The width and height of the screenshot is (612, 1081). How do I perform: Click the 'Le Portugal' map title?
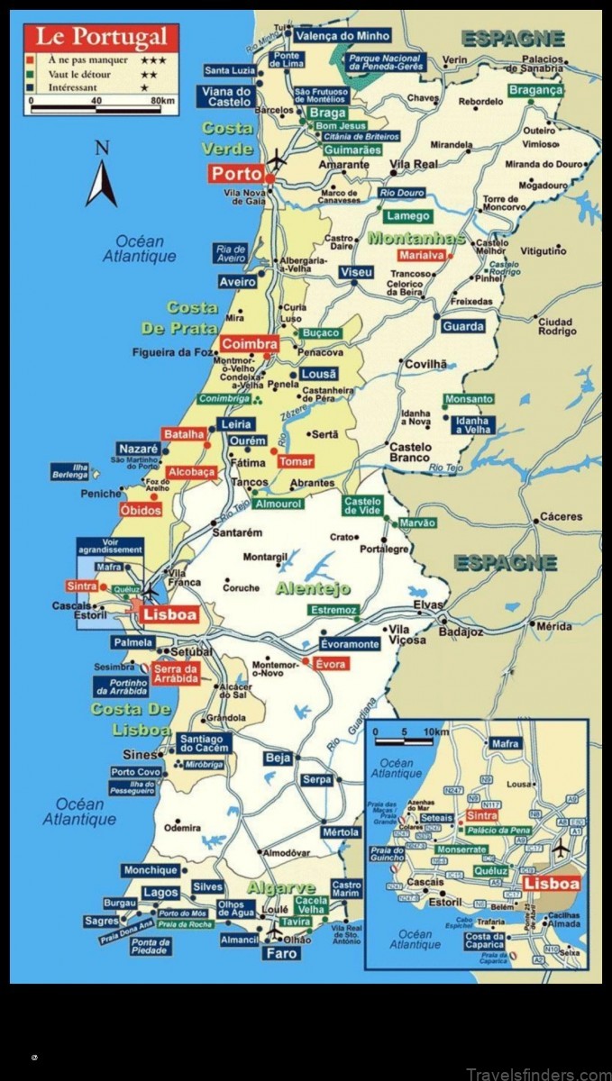100,38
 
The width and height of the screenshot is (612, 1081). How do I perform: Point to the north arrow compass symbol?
101,175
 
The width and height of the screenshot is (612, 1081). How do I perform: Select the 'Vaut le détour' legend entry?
76,75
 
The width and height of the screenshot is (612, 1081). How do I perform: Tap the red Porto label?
236,173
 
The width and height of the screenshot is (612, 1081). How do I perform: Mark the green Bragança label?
535,90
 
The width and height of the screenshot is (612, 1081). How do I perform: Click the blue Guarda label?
463,326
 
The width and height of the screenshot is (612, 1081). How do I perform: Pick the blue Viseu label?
356,272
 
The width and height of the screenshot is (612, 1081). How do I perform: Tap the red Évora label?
330,664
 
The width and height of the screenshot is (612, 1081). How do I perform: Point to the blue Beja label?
278,758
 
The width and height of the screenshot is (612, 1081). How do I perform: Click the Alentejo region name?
312,588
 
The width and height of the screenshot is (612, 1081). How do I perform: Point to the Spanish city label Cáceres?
561,517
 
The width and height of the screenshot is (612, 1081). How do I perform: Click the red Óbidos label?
141,511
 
